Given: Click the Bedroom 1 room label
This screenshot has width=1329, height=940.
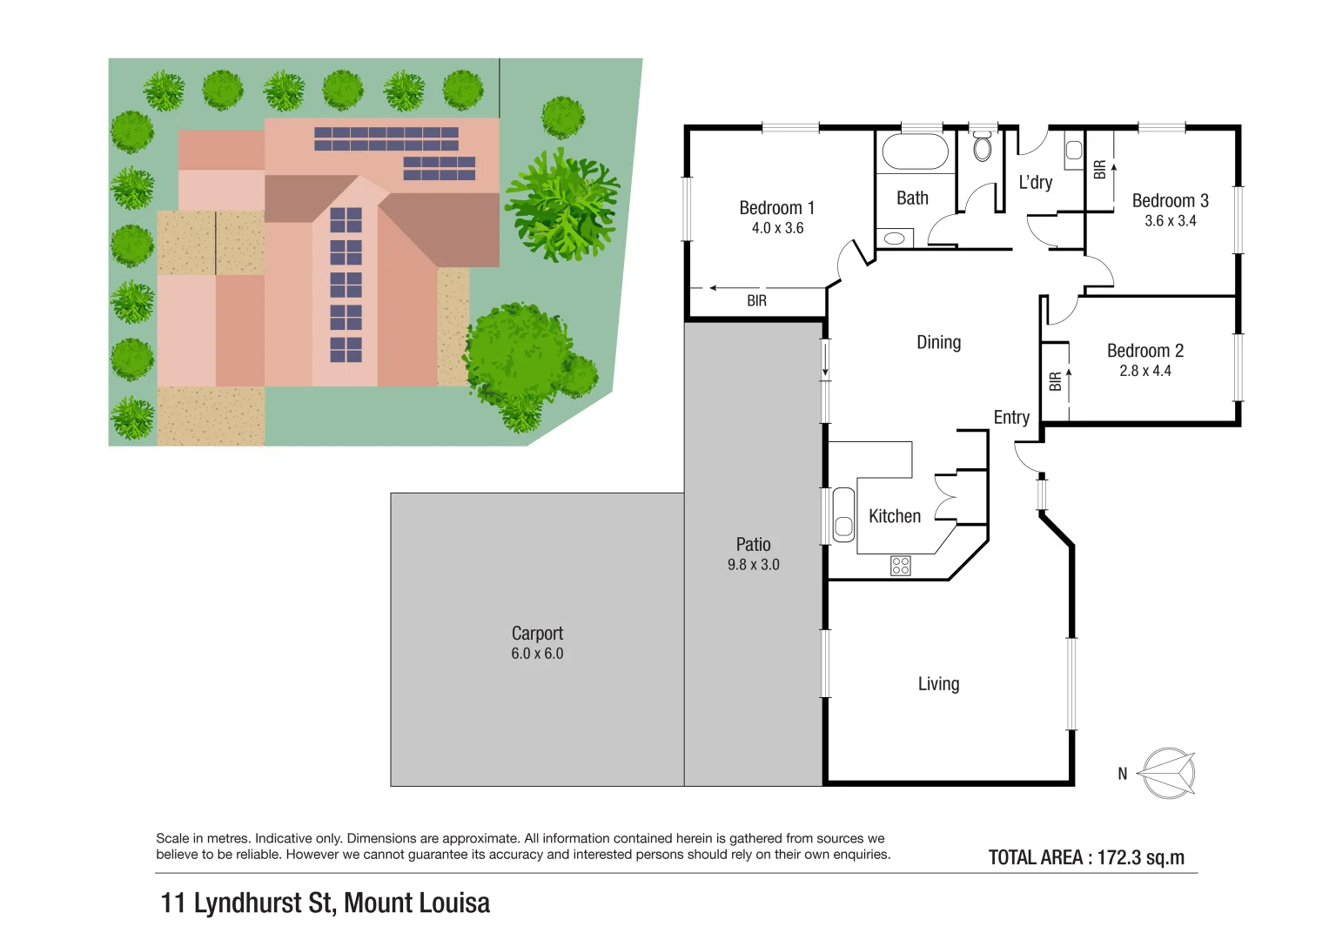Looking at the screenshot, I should (776, 208).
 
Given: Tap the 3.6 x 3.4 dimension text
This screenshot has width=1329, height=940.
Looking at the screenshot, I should (1170, 221).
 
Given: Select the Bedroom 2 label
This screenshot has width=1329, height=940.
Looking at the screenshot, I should (1144, 351).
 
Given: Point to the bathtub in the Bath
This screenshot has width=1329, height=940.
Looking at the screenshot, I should (915, 152).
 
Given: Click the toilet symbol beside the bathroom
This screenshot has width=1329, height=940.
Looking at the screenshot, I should (983, 147).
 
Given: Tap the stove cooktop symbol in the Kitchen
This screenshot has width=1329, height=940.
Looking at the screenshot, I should (900, 566).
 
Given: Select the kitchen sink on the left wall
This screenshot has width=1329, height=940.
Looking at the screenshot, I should (842, 515).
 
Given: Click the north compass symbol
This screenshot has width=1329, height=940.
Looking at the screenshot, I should (1167, 773).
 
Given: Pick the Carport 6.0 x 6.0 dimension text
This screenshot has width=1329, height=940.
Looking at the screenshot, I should (537, 654).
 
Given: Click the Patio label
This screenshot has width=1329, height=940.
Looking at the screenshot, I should (753, 545).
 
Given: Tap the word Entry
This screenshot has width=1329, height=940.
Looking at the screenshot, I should (1011, 418).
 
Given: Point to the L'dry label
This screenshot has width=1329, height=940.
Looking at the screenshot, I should (1035, 183).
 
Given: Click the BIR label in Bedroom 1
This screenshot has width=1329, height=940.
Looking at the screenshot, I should (756, 301).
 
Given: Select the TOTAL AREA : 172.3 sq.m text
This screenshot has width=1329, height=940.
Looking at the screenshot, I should (1086, 857).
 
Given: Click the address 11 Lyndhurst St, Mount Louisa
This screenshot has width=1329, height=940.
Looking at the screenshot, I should (325, 903).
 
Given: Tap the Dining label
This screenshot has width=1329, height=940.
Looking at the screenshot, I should (938, 343).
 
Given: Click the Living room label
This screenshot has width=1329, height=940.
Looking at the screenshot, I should (938, 684).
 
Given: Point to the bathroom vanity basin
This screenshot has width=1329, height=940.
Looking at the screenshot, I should (894, 238).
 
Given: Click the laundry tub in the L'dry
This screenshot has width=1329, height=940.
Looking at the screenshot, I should (1073, 154).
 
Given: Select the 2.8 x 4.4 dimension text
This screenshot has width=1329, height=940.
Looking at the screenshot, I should (1144, 371).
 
